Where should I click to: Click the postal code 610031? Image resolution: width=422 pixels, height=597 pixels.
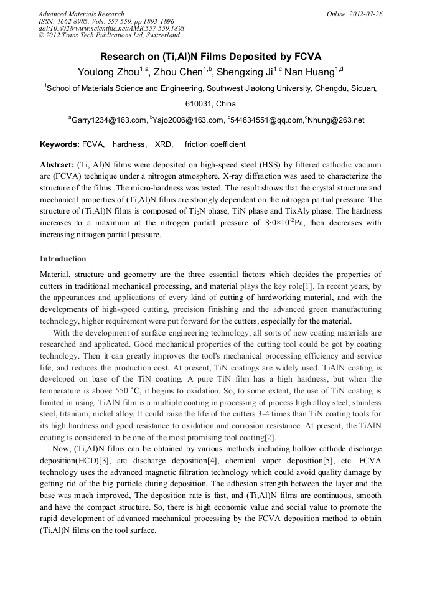(x=202, y=104)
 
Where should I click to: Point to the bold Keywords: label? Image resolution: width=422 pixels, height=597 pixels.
(x=60, y=144)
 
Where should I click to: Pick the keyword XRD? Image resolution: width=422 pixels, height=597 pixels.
(x=164, y=144)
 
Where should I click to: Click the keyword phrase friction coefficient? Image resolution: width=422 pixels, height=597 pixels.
(x=215, y=144)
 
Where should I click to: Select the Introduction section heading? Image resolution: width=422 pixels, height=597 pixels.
(x=63, y=259)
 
